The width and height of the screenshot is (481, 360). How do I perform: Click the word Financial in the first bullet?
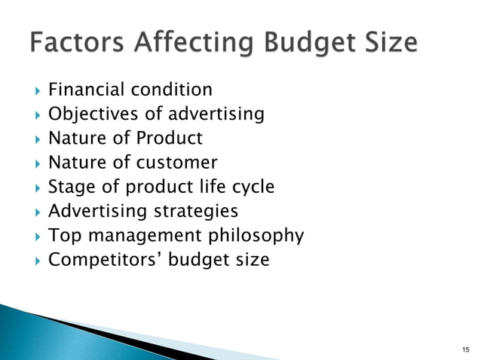(82, 90)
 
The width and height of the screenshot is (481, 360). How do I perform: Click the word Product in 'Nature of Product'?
(170, 139)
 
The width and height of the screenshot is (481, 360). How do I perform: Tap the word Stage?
(70, 187)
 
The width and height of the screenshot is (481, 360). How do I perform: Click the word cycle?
(253, 187)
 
